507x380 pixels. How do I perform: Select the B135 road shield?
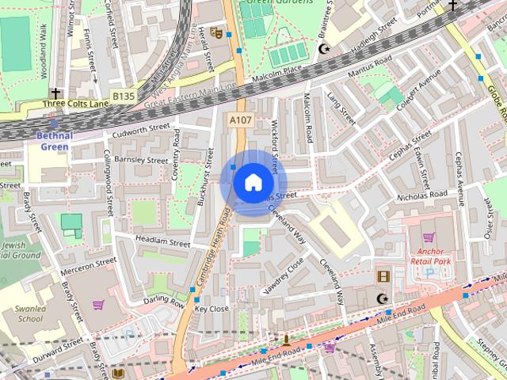coord(122,97)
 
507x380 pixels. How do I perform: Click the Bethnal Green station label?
coord(55,140)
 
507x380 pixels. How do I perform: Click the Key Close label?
coord(212,309)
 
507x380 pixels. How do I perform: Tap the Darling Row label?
coord(164,302)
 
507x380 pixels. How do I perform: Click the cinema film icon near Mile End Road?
coord(384,276)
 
